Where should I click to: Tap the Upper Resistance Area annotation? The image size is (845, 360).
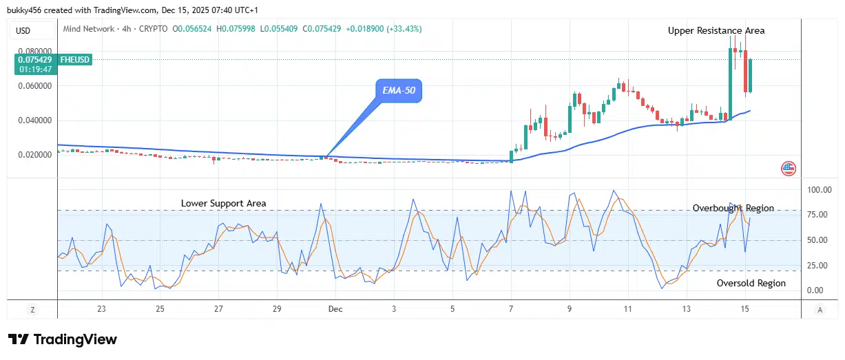pyautogui.click(x=716, y=30)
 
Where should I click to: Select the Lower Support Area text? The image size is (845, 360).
pyautogui.click(x=223, y=203)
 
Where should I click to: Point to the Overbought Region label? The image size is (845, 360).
pyautogui.click(x=733, y=208)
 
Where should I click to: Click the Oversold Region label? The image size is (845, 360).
pyautogui.click(x=751, y=283)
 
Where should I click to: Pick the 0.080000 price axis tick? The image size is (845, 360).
pyautogui.click(x=34, y=52)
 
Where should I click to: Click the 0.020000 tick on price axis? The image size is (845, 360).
pyautogui.click(x=34, y=155)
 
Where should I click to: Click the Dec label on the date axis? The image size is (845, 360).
pyautogui.click(x=335, y=310)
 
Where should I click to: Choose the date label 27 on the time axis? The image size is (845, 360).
pyautogui.click(x=218, y=310)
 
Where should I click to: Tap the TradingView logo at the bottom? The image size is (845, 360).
pyautogui.click(x=63, y=339)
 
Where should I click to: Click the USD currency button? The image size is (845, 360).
pyautogui.click(x=23, y=30)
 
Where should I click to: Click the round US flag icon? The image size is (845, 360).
pyautogui.click(x=789, y=167)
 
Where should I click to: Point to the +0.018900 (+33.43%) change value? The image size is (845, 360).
pyautogui.click(x=384, y=29)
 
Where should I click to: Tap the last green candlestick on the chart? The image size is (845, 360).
pyautogui.click(x=751, y=76)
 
